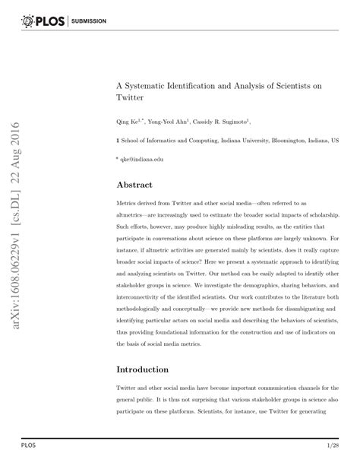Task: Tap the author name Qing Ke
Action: tap(127, 121)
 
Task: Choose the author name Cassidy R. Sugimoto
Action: tap(223, 121)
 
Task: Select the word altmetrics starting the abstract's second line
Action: tap(133, 217)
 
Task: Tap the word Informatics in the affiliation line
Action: tap(162, 141)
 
